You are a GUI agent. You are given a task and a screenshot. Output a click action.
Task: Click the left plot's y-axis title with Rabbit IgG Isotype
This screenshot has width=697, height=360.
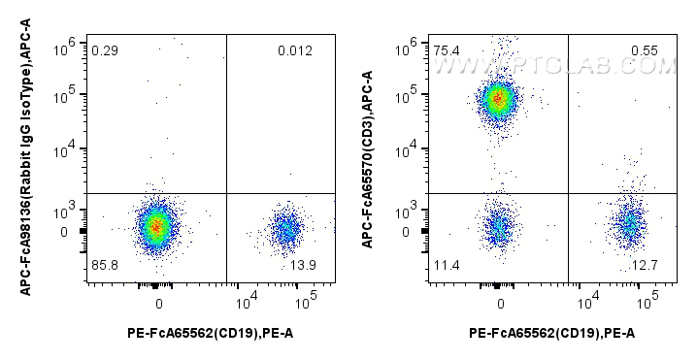click(x=27, y=160)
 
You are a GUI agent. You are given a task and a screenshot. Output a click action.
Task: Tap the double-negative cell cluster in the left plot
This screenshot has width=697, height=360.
click(x=156, y=226)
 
